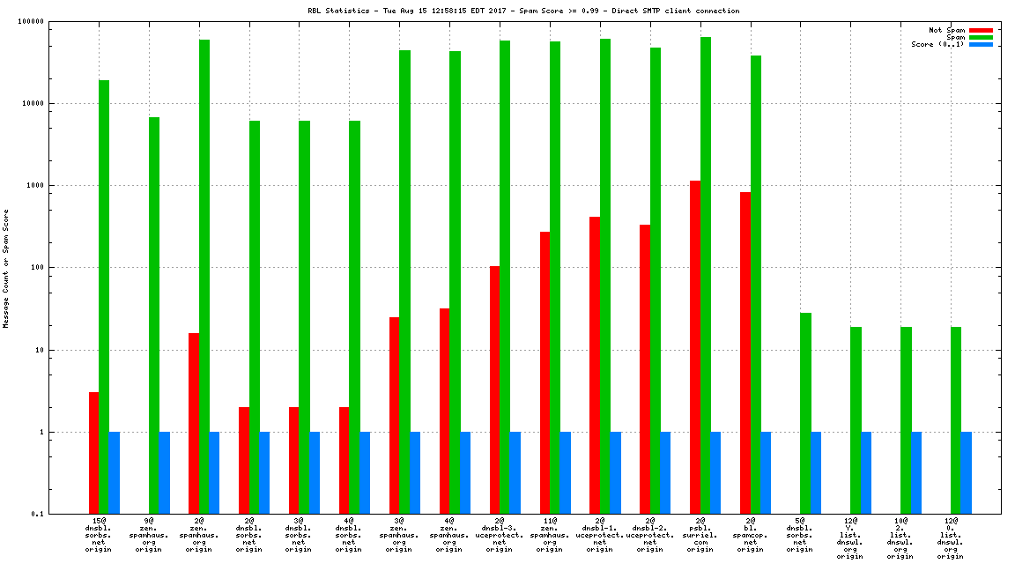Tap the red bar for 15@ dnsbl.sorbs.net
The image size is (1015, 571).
tap(93, 453)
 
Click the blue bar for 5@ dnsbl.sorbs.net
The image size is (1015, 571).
tap(816, 473)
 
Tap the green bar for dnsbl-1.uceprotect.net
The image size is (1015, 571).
tap(605, 277)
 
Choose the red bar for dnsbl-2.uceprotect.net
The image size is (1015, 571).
tap(645, 369)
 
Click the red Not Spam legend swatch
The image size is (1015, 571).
tap(981, 30)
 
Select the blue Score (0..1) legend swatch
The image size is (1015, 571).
tap(981, 44)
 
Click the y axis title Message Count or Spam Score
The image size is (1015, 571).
tap(6, 268)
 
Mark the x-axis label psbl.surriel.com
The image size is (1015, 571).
tap(700, 536)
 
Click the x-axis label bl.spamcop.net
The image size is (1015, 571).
tap(751, 536)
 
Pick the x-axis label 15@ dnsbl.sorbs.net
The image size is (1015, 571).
tap(98, 536)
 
